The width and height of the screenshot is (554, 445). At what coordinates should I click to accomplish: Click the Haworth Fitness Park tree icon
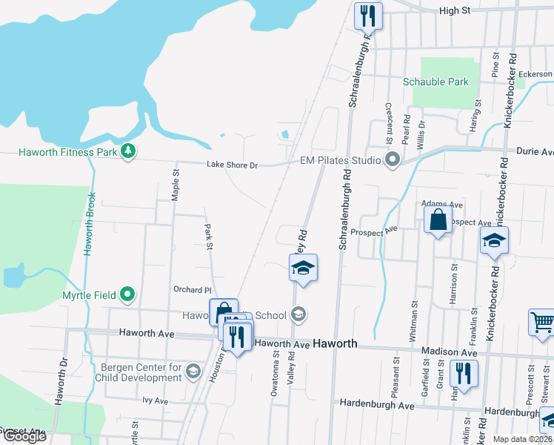click(129, 152)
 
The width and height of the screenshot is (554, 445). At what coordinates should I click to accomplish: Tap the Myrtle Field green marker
click(127, 295)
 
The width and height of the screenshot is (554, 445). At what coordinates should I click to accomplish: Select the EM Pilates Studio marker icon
click(393, 160)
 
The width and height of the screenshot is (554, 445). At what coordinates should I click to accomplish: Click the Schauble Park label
click(435, 82)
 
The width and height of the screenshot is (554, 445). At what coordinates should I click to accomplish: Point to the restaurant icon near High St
click(368, 14)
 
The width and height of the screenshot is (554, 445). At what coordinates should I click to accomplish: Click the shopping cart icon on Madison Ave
click(542, 323)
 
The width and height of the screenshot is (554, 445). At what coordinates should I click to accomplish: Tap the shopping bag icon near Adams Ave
click(438, 220)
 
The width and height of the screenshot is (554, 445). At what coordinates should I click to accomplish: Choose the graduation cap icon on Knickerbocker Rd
click(494, 242)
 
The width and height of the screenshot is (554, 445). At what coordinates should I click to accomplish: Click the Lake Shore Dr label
click(232, 165)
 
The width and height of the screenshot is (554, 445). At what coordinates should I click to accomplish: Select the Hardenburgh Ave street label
click(376, 405)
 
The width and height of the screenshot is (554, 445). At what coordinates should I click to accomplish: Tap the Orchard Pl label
click(193, 290)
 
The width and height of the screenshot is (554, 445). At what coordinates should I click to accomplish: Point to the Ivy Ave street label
click(156, 400)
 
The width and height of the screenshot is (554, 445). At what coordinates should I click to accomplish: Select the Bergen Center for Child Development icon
click(193, 371)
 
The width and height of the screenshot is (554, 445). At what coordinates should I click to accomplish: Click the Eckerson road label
click(535, 74)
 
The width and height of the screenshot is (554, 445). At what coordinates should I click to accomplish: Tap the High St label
click(455, 10)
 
